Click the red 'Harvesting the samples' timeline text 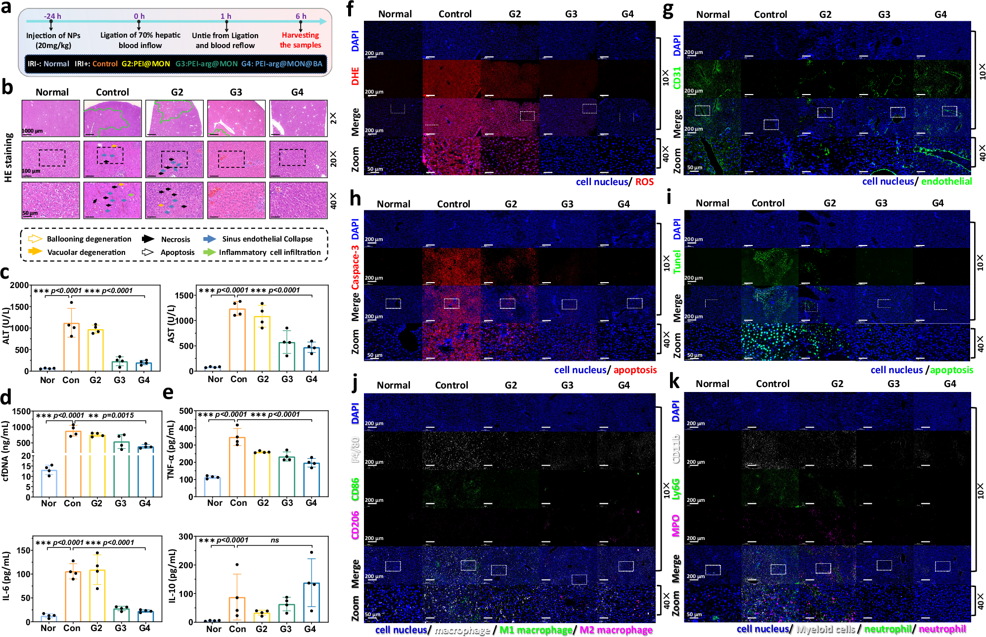click(300, 40)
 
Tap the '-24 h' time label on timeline click(52, 16)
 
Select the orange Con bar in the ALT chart click(71, 347)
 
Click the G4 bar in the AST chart click(312, 359)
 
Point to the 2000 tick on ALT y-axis click(20, 285)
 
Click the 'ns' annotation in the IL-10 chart click(274, 540)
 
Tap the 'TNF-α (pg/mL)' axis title click(171, 450)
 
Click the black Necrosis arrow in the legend click(148, 239)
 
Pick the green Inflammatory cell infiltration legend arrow click(209, 252)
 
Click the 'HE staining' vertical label click(8, 157)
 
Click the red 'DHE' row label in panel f click(355, 77)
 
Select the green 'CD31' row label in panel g click(677, 78)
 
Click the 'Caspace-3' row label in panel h click(355, 267)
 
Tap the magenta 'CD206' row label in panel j click(355, 525)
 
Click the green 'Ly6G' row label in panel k click(676, 489)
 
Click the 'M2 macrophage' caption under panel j click(616, 630)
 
